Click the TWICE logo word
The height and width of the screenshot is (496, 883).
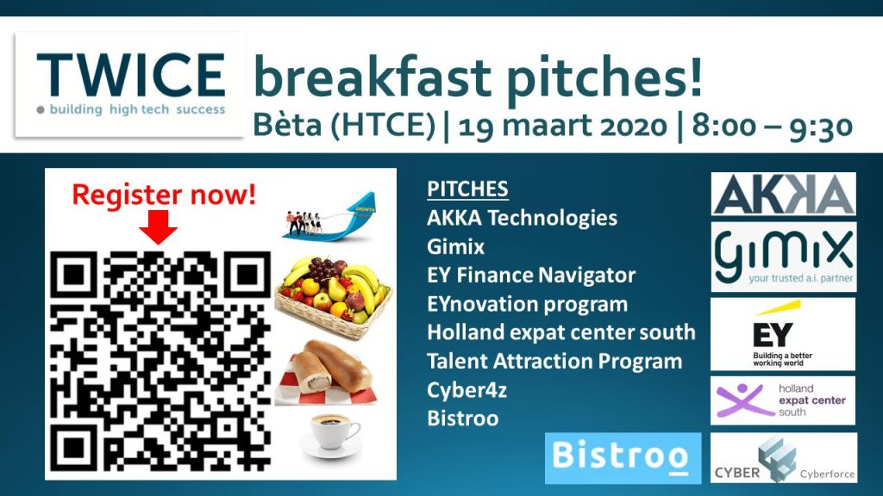tap(131, 75)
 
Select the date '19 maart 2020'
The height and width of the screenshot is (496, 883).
tap(562, 125)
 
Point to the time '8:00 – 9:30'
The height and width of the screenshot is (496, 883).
tap(772, 125)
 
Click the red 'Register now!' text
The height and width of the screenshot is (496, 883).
tap(164, 195)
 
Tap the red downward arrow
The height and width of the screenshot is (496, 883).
tap(159, 227)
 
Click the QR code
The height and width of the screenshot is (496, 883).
tap(160, 362)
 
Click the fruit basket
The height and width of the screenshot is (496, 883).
tap(333, 297)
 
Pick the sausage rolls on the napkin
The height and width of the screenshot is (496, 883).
tap(329, 372)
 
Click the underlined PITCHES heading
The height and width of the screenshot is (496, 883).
tap(467, 189)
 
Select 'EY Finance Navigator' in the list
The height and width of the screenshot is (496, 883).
tap(531, 275)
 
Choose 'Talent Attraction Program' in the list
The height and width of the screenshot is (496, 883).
tap(554, 361)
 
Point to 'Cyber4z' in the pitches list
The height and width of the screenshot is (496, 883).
tap(467, 390)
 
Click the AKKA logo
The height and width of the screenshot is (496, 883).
tap(783, 194)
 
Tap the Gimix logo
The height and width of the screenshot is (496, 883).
tap(783, 257)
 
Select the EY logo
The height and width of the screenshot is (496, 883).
tap(783, 334)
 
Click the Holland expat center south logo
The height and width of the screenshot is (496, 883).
tap(783, 400)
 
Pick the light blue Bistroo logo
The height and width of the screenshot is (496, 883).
tap(623, 458)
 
